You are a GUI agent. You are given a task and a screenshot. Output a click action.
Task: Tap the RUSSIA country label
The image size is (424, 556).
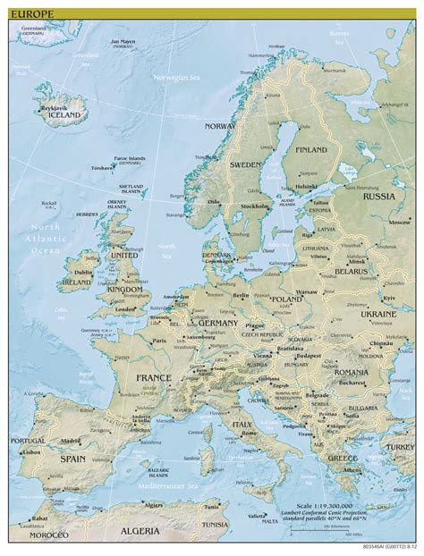[x=379, y=196]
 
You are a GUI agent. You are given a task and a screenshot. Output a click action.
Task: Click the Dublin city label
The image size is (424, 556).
[x=84, y=273]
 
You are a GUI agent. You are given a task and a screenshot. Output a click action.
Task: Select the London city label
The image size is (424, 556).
[x=125, y=309]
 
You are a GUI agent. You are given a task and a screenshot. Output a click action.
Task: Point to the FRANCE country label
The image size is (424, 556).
[x=155, y=378]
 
